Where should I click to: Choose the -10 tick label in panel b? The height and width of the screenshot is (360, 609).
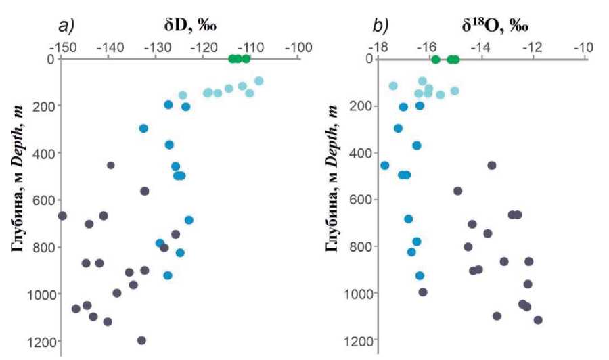coord(583,48)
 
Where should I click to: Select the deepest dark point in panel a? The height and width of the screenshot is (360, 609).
coord(141,340)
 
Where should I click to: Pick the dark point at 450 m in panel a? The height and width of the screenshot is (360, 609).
coord(111,165)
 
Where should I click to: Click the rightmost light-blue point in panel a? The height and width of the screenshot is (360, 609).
coord(258,81)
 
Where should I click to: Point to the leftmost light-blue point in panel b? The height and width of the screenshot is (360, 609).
coord(393,86)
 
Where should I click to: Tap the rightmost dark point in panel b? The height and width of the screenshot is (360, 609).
coord(538,320)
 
